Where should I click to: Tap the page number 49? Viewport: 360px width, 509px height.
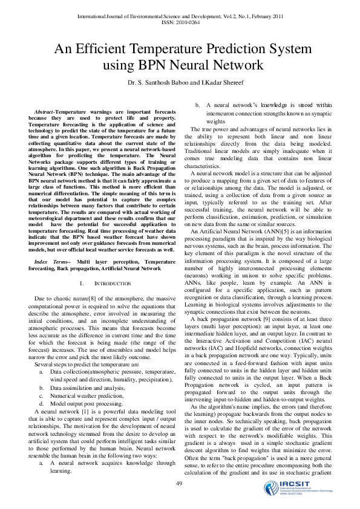pos(179,483)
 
